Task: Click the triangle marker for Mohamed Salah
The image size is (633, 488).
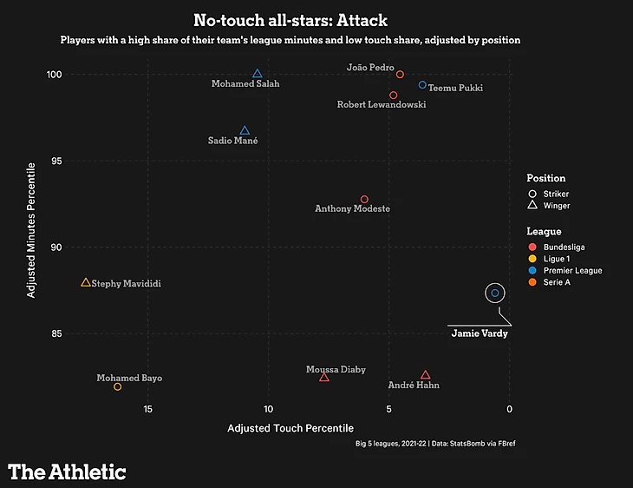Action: coord(257,74)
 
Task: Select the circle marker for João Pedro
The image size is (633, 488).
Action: coord(400,75)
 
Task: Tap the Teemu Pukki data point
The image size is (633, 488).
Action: coord(422,85)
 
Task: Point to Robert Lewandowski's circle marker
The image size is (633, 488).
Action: coord(393,96)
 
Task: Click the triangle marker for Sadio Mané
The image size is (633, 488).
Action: coord(245,130)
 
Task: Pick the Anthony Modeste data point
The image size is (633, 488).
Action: coord(364,200)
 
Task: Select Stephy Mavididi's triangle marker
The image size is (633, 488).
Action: coord(85,282)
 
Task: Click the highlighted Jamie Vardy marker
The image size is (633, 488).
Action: coord(495,293)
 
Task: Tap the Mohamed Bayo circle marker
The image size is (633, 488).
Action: coord(117,386)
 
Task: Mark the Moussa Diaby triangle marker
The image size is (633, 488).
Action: coord(323,377)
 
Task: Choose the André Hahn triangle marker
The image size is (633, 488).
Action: coord(425,375)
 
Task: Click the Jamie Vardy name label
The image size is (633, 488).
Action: coord(480,333)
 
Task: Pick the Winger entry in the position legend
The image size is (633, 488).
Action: coord(556,206)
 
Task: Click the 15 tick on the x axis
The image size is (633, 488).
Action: coord(148,409)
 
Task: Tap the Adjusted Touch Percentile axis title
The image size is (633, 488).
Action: coord(290,428)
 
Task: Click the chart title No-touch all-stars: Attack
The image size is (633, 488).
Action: coord(290,20)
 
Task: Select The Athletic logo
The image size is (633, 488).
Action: coord(68,472)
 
